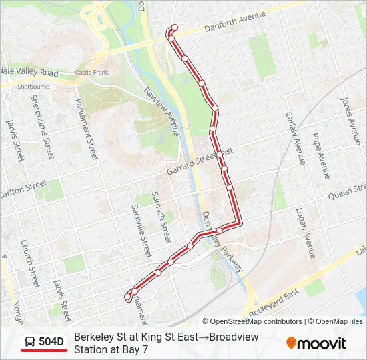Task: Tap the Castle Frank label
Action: (x=91, y=72)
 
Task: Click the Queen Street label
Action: (x=348, y=194)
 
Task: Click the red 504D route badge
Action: (x=44, y=343)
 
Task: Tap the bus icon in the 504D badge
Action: (x=30, y=343)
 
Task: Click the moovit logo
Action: (x=316, y=343)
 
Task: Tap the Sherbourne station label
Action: (x=33, y=87)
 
